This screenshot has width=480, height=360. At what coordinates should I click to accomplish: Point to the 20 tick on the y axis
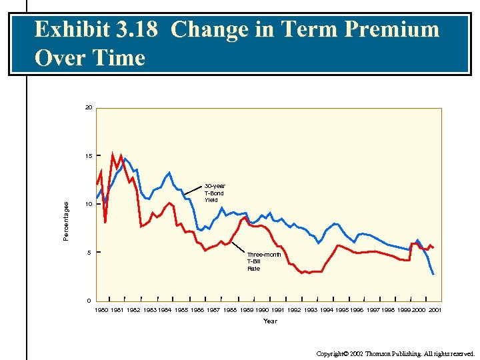[89, 107]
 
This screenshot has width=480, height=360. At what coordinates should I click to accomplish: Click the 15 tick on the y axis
[89, 156]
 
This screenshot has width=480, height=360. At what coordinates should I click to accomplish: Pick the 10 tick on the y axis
[89, 204]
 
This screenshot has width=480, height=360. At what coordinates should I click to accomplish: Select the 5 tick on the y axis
[89, 253]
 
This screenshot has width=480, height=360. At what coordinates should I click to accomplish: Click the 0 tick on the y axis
[89, 301]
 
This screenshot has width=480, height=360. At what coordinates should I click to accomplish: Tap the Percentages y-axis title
[66, 221]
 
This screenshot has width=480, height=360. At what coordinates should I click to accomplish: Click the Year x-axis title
[270, 321]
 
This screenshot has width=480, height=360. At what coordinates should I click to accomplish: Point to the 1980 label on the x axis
[101, 311]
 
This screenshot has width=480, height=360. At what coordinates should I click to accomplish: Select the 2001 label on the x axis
[435, 311]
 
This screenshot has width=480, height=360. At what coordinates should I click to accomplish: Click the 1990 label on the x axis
[261, 311]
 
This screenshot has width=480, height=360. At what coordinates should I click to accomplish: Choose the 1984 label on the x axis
[165, 311]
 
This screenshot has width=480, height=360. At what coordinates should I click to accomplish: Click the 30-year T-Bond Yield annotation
[214, 193]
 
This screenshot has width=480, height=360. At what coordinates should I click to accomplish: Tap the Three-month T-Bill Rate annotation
[263, 261]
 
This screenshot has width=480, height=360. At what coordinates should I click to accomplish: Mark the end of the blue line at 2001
[433, 274]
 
